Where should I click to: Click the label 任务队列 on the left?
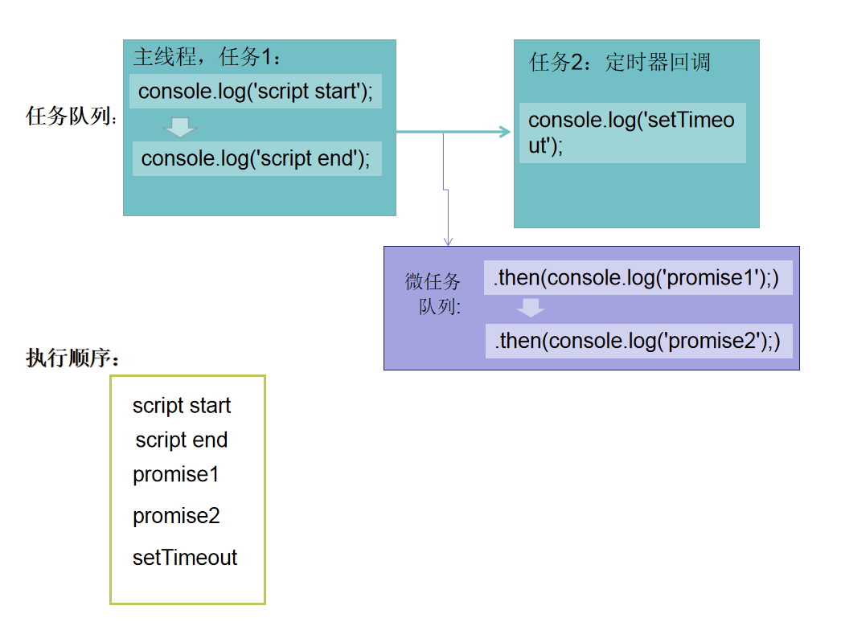[x=71, y=116]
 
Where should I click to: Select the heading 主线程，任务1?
[x=207, y=57]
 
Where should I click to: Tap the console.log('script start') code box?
[x=256, y=92]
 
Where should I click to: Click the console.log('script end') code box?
[x=256, y=158]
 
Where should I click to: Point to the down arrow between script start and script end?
[x=180, y=127]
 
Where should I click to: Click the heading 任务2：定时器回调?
[x=620, y=63]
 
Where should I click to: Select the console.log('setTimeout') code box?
[x=632, y=133]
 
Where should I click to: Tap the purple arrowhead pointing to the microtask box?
[x=448, y=239]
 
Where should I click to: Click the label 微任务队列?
[x=433, y=294]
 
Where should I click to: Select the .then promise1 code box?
[x=638, y=278]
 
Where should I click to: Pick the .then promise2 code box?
[x=638, y=341]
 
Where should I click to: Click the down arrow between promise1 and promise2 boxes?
[x=531, y=308]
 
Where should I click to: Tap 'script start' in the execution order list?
[x=182, y=406]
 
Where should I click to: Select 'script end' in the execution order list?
[x=182, y=440]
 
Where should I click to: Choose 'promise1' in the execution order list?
[x=176, y=475]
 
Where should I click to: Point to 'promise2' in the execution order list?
[x=176, y=516]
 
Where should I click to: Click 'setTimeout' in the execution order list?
[x=185, y=558]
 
